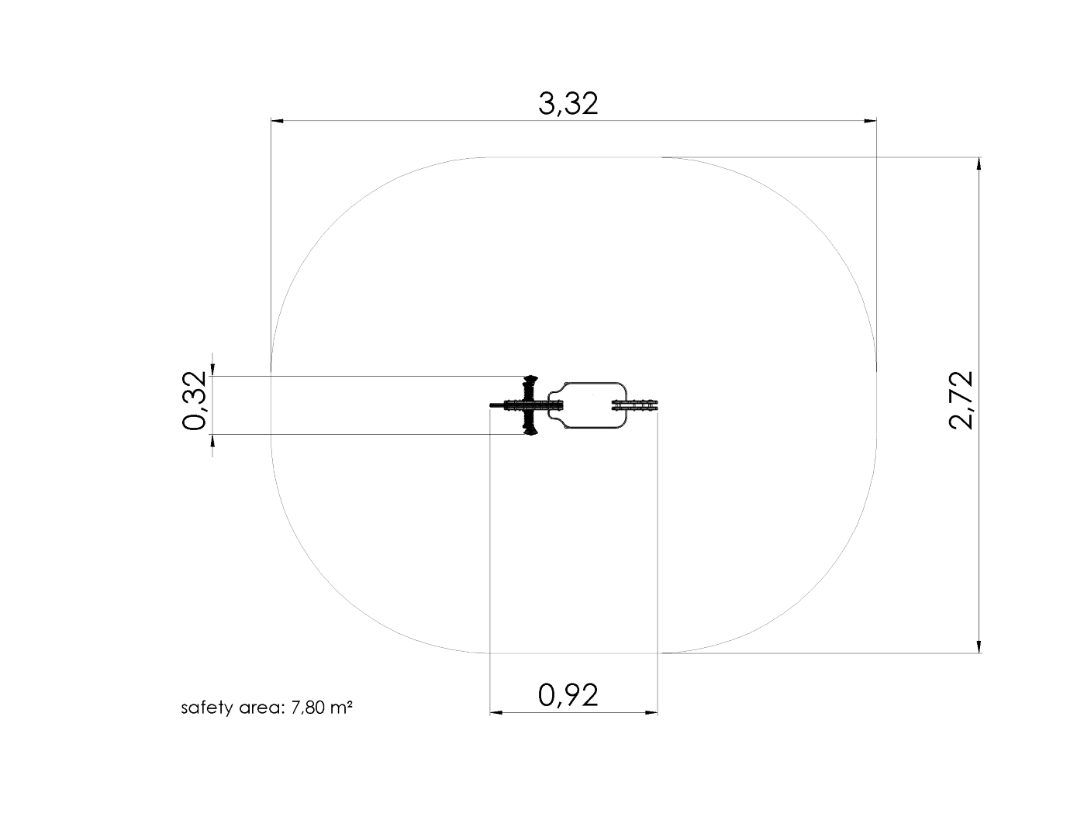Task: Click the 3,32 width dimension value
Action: [x=568, y=104]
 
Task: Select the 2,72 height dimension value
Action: [x=960, y=401]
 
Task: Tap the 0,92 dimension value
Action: [x=568, y=695]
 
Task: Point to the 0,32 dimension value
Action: [x=194, y=401]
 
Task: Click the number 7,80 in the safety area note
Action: [x=308, y=708]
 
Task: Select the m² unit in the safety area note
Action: [x=342, y=706]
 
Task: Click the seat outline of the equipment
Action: [x=587, y=405]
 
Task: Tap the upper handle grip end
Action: [x=530, y=379]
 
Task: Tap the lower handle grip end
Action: [x=530, y=432]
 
